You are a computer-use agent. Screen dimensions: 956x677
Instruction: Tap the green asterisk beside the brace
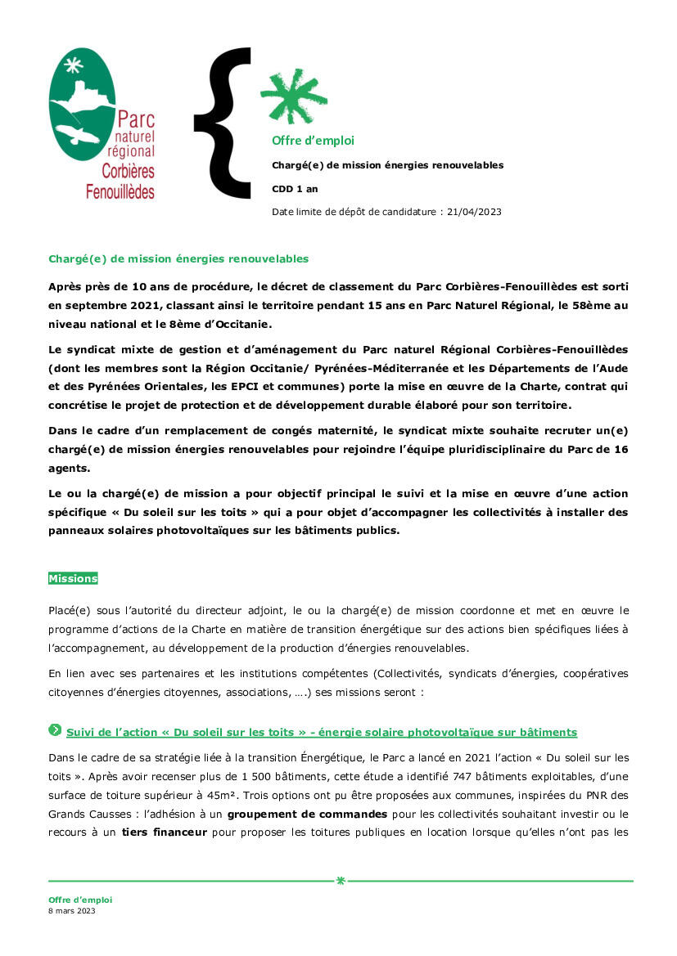293,96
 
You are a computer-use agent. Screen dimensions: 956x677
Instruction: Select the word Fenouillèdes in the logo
120,192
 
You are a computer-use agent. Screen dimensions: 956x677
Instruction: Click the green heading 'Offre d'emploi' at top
313,141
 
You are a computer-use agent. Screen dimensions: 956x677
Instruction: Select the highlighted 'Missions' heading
73,578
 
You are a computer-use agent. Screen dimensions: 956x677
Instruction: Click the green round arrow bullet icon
55,729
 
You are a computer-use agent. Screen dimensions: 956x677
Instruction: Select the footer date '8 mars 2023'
72,910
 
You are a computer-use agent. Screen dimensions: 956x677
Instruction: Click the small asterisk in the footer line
341,881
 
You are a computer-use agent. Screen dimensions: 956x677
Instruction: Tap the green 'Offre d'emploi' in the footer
80,900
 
